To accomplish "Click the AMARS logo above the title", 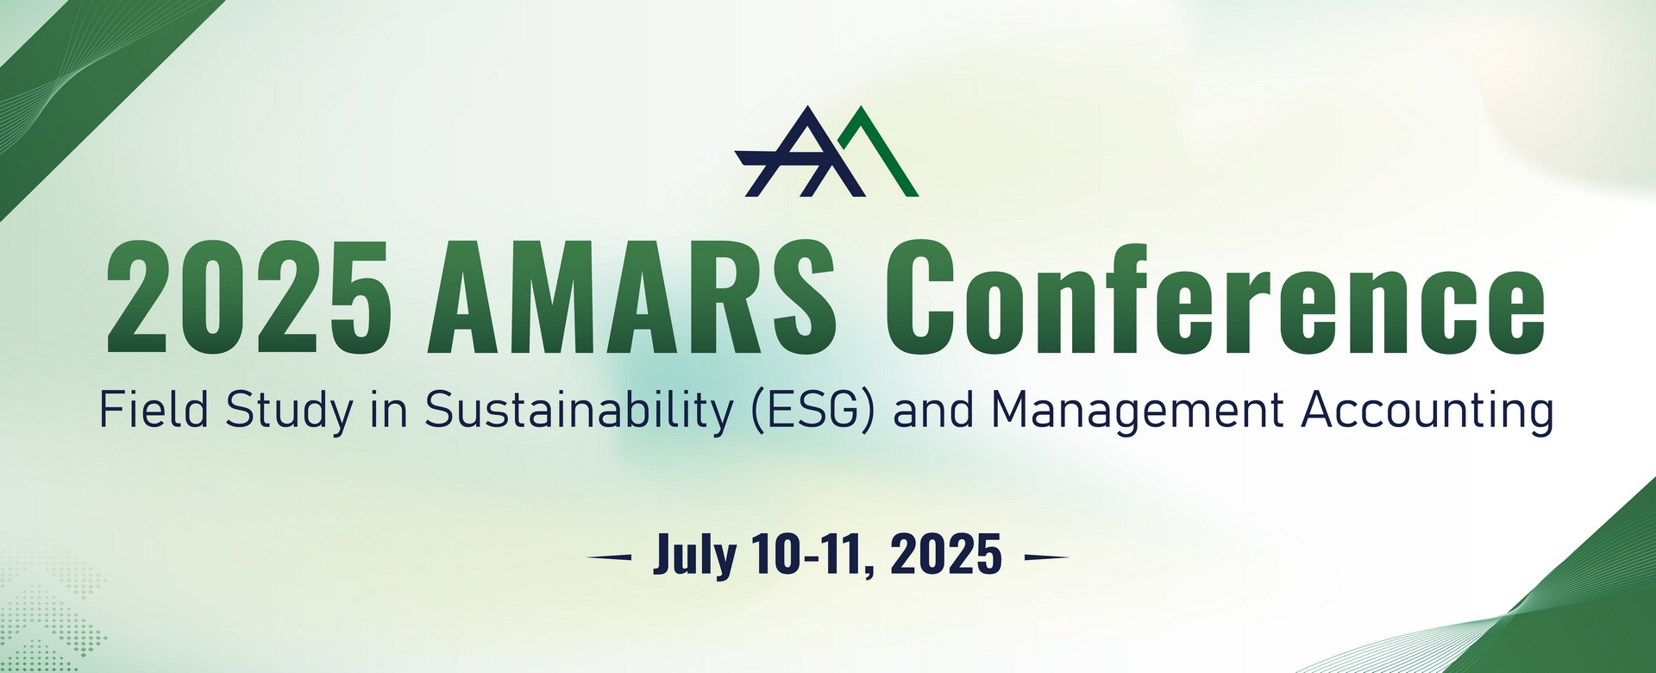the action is (x=826, y=151).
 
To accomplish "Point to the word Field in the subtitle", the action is (x=154, y=410).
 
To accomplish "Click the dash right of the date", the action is (x=1045, y=557).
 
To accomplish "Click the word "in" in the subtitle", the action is (x=388, y=410).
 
